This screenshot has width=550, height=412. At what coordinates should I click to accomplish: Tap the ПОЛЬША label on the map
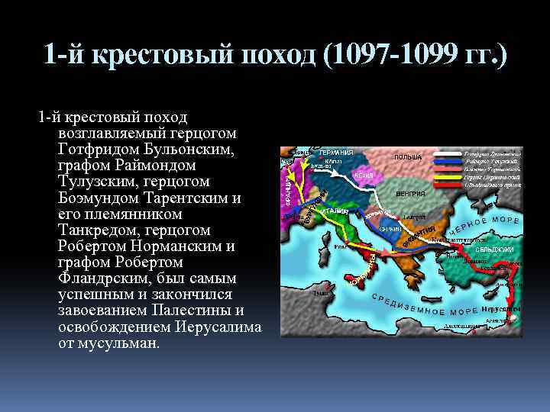coord(408,157)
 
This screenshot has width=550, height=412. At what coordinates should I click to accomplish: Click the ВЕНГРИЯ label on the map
coord(410,193)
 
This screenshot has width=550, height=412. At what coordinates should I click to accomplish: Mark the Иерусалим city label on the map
coord(501,309)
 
